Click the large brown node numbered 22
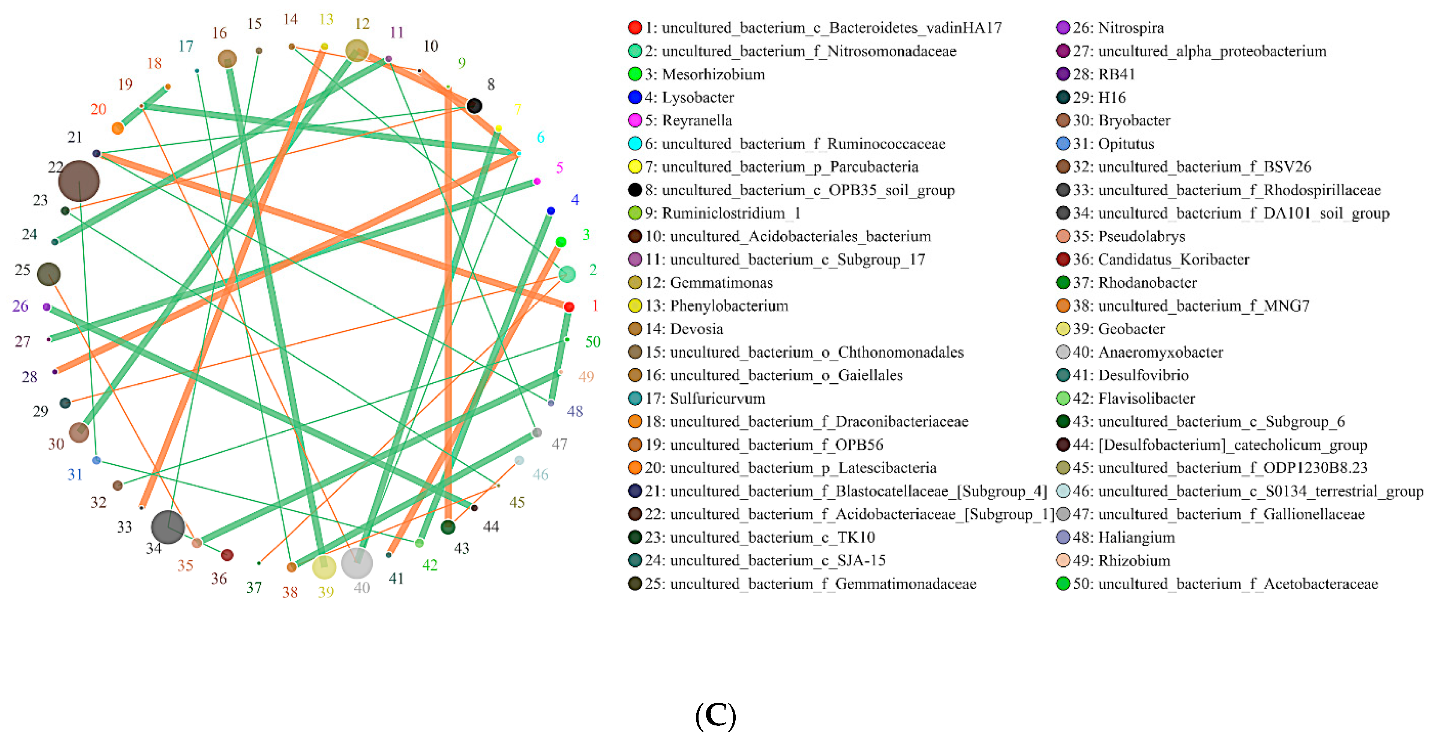[x=79, y=181]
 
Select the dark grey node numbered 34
[x=167, y=527]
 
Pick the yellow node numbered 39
[x=324, y=567]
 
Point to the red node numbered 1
[x=569, y=307]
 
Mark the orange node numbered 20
[x=117, y=128]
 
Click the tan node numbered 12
[x=357, y=51]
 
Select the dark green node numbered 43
[x=447, y=527]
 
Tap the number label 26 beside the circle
[x=21, y=306]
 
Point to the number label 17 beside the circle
[x=186, y=46]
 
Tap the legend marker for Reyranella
[x=634, y=121]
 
